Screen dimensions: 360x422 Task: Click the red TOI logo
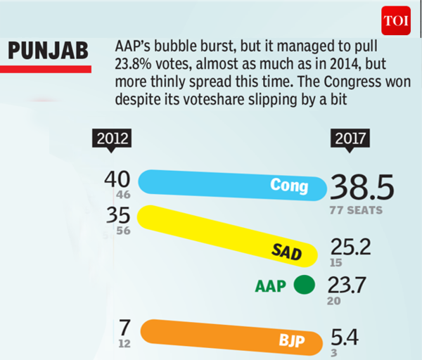pyautogui.click(x=396, y=20)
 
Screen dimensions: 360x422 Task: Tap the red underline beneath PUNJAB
pyautogui.click(x=49, y=69)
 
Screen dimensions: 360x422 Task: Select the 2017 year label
pyautogui.click(x=351, y=138)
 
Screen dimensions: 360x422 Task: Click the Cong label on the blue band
pyautogui.click(x=289, y=185)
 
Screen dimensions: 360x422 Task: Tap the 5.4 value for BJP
pyautogui.click(x=345, y=338)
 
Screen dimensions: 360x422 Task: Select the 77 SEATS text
pyautogui.click(x=355, y=210)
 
